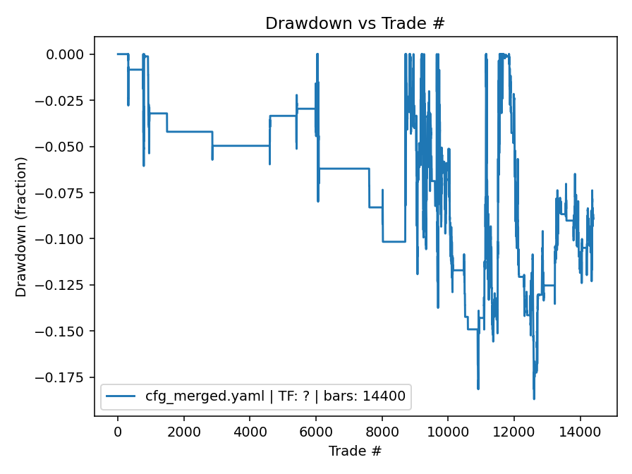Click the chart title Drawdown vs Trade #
(x=355, y=23)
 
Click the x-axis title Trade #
(x=355, y=450)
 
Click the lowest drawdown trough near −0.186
(x=533, y=399)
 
